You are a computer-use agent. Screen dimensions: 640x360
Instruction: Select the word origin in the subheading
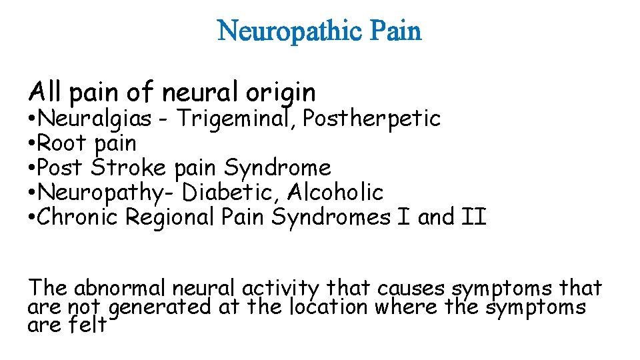point(280,91)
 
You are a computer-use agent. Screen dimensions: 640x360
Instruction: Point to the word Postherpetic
point(371,119)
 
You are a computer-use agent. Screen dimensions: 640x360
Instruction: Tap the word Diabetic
point(232,193)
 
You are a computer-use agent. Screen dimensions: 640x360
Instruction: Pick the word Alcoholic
point(336,193)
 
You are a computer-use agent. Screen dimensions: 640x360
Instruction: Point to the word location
point(329,307)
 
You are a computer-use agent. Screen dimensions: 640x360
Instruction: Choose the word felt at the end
point(87,326)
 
